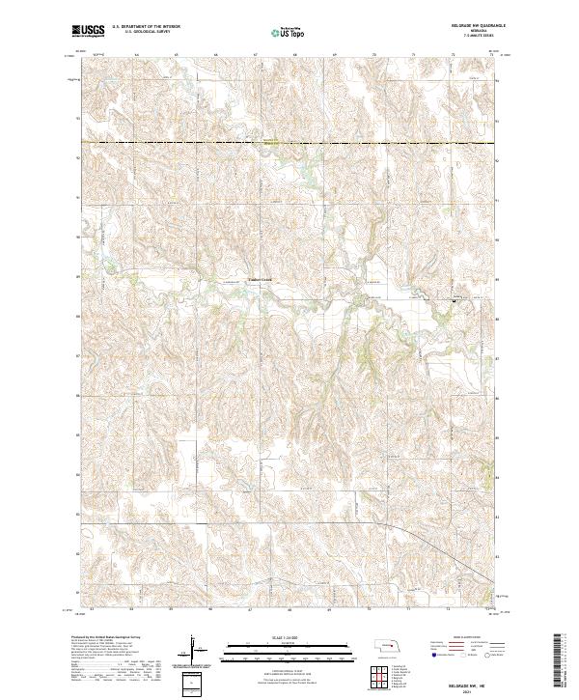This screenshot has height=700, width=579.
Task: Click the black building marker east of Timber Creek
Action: (x=455, y=300)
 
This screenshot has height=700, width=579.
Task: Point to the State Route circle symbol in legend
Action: (x=486, y=654)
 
